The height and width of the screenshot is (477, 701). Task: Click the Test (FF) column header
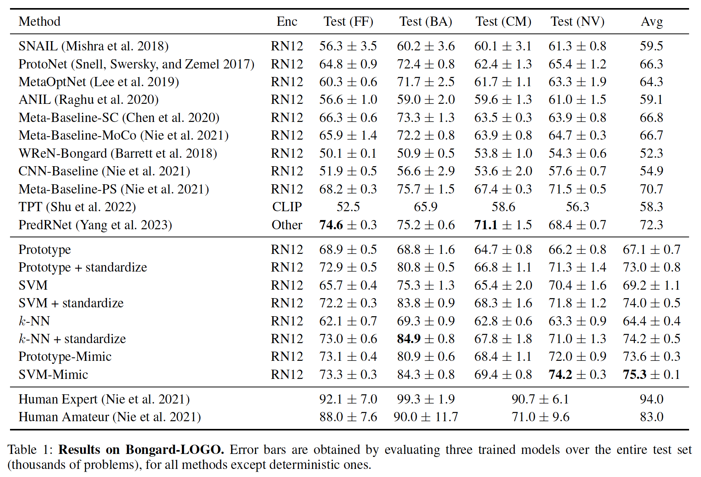(348, 22)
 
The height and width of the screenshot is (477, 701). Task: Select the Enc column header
(287, 22)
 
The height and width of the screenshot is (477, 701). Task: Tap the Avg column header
(651, 22)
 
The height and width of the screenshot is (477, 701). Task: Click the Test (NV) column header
(577, 22)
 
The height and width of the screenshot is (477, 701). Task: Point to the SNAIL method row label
(93, 46)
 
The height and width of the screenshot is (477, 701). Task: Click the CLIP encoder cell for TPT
(287, 207)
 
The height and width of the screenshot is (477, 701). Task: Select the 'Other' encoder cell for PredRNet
(287, 225)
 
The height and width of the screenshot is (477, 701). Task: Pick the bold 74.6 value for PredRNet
(331, 225)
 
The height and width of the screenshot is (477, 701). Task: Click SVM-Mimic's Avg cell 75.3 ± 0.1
(651, 375)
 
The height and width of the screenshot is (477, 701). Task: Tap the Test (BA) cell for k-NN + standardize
(426, 339)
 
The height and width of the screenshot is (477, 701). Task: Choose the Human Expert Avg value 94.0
(651, 399)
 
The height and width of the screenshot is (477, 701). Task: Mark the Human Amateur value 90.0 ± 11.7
(426, 417)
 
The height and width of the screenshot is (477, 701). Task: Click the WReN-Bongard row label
(118, 153)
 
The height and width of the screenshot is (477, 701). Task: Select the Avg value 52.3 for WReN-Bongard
(651, 153)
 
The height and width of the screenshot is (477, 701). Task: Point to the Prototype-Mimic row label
(65, 357)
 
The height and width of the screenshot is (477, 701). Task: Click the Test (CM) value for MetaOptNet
(503, 82)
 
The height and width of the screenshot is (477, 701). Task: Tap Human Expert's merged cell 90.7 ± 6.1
(540, 399)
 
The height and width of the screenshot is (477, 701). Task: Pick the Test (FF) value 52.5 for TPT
(348, 207)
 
